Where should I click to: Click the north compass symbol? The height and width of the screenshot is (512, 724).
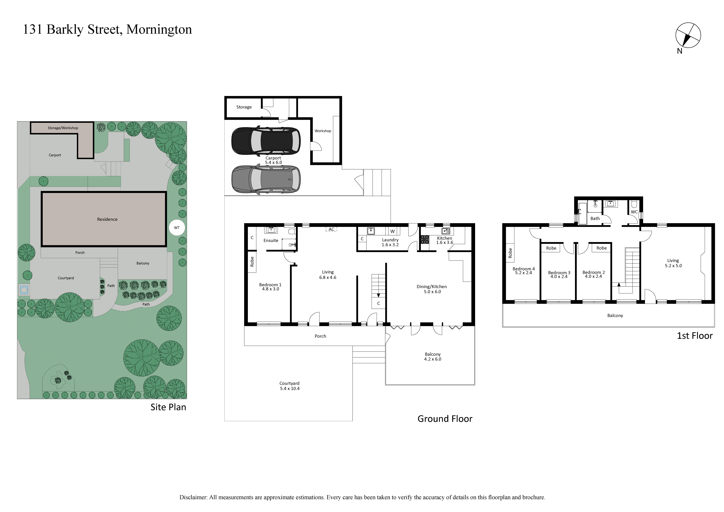point(688,35)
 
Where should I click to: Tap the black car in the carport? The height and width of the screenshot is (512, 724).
point(266,141)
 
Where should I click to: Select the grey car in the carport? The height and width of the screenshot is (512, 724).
point(266,179)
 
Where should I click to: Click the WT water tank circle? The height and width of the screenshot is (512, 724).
point(177,228)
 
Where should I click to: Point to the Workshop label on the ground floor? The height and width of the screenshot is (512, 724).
point(323,131)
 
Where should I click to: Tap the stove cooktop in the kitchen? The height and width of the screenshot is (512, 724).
point(425,239)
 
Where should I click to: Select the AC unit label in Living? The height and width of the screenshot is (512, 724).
point(331,229)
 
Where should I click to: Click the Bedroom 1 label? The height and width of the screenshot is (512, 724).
point(270,284)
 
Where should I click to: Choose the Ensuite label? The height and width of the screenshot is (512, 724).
point(271,240)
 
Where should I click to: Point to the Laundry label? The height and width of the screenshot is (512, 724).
point(390,240)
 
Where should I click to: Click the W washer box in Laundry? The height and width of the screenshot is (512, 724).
point(393,231)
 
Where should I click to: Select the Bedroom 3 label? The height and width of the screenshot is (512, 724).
point(559,273)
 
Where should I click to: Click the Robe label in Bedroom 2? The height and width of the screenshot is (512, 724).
point(602,248)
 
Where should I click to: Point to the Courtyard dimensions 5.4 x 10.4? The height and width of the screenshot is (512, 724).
point(290,388)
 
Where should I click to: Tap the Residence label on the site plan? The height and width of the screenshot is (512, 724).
point(107,219)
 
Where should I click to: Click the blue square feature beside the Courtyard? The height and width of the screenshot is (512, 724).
point(24,289)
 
